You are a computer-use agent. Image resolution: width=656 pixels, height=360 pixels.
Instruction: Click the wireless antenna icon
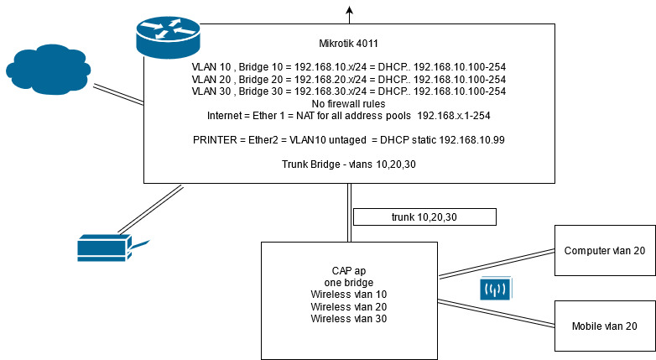[x=496, y=290]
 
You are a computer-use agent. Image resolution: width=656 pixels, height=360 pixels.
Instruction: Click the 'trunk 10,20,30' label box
[x=424, y=217]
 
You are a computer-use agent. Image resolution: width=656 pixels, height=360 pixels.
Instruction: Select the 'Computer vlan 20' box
[x=604, y=251]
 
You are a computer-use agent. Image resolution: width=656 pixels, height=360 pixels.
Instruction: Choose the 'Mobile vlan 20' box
[x=604, y=326]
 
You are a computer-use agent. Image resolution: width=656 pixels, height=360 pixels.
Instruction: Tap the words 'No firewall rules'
[x=348, y=102]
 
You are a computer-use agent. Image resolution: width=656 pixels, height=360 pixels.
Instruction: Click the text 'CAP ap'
[x=348, y=270]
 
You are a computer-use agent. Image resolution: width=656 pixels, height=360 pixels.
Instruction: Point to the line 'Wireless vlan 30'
[x=348, y=318]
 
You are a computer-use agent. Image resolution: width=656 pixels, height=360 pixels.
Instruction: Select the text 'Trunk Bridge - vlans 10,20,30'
[x=348, y=164]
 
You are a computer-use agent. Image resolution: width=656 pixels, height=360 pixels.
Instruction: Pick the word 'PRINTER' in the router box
[x=216, y=139]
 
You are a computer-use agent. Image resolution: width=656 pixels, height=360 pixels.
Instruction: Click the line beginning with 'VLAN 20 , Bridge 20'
[x=348, y=78]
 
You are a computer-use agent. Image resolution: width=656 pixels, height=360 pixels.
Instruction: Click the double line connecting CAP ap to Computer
[x=496, y=263]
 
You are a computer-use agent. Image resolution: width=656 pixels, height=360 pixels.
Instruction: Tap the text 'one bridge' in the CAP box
[x=348, y=283]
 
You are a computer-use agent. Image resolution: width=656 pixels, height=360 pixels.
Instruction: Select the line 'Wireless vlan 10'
[x=348, y=295]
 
